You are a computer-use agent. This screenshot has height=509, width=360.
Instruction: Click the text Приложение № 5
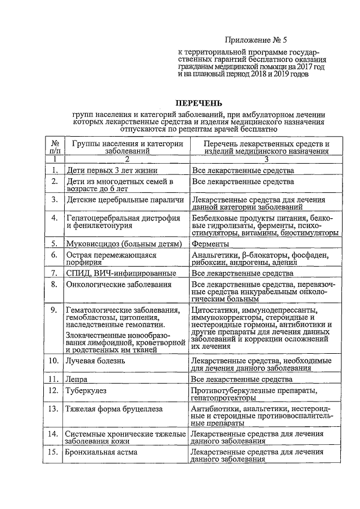[255, 40]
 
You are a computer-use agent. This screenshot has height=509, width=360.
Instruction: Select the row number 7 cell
[55, 273]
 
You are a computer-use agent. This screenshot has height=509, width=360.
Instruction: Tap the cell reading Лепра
[76, 380]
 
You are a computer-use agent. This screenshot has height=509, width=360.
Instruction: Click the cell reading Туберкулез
[85, 390]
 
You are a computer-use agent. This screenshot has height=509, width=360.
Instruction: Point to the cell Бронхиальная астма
[101, 452]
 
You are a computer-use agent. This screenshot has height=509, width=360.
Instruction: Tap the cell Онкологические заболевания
[119, 285]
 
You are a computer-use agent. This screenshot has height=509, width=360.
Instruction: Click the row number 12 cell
[55, 390]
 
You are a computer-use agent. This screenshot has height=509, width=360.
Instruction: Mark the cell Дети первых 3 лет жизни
[111, 169]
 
